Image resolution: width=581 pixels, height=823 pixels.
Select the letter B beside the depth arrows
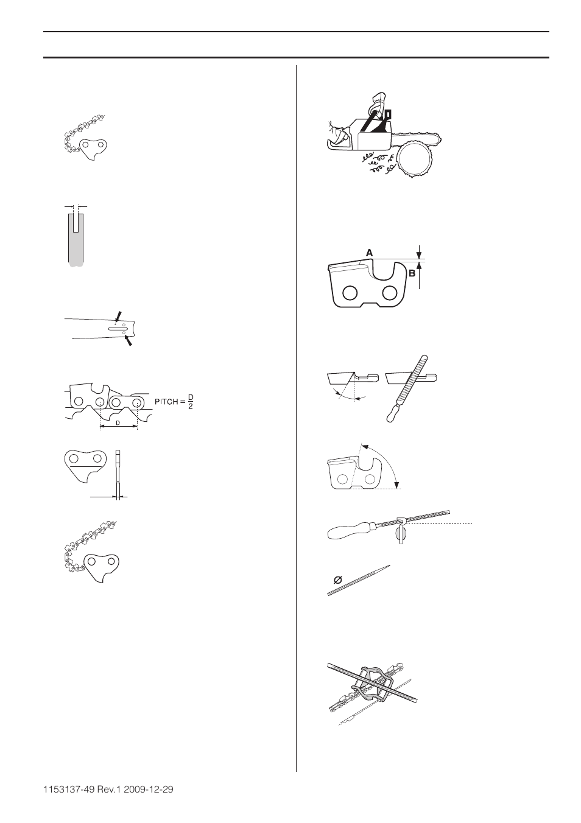412,274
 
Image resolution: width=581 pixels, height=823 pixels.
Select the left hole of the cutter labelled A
350,293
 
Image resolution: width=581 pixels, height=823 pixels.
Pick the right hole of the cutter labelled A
389,293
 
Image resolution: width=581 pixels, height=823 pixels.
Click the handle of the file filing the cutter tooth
391,411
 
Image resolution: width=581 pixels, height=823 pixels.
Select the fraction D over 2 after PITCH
190,402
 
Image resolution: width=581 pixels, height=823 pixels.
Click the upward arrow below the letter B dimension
419,268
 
